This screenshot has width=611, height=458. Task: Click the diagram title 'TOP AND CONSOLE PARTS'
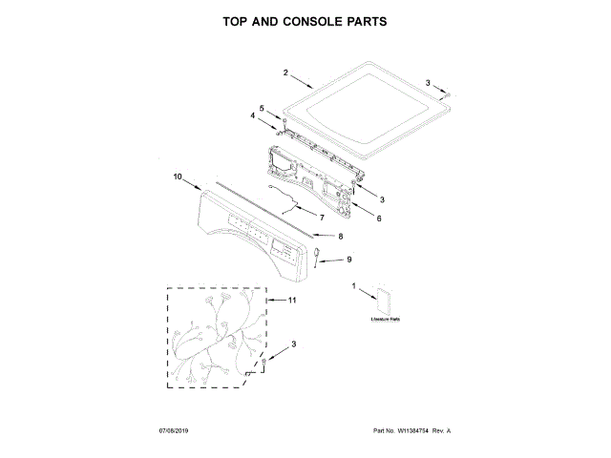(305, 21)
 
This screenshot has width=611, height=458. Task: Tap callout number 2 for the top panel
(285, 73)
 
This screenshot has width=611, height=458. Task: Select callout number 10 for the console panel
(177, 177)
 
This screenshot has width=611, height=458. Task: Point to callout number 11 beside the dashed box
(292, 301)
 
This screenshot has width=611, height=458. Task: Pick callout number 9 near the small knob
(348, 260)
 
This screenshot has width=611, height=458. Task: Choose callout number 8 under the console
(341, 235)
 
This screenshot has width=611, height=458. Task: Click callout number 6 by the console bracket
(378, 219)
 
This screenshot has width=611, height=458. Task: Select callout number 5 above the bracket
(263, 108)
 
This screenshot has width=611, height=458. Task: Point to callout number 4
(253, 115)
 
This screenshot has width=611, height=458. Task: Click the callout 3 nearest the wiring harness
(294, 344)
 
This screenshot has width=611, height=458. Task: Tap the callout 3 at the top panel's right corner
(428, 83)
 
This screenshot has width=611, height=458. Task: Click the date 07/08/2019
(175, 432)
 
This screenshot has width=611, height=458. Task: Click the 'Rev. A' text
(441, 432)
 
